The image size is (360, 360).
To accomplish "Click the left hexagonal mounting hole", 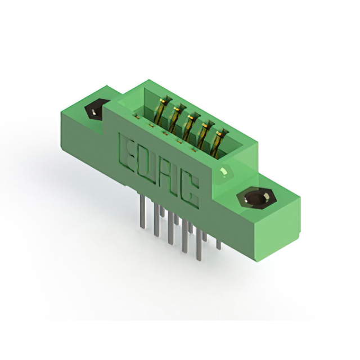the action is (x=96, y=110).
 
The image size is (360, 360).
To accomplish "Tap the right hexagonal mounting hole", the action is (x=256, y=198).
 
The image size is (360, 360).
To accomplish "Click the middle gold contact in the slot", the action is (x=190, y=128).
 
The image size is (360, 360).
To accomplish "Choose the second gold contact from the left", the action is (x=177, y=119).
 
